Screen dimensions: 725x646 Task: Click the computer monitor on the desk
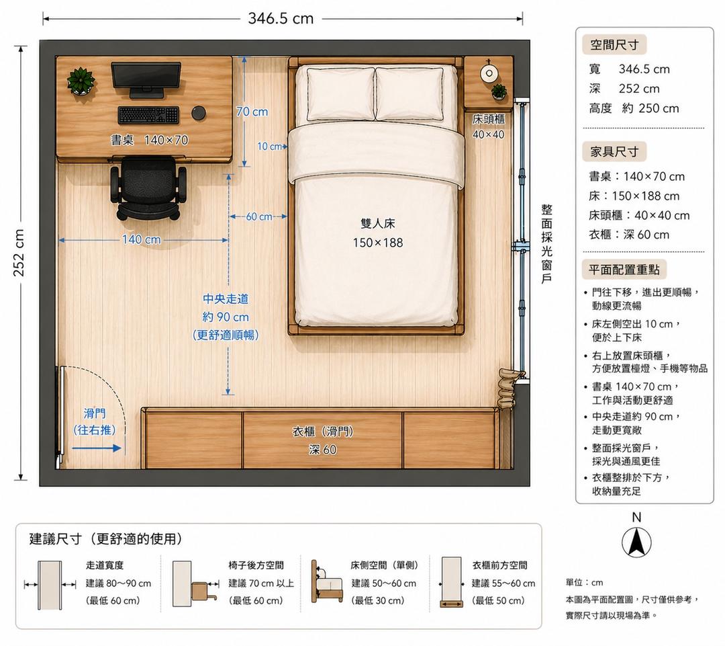click(x=146, y=79)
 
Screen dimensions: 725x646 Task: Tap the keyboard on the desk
click(x=148, y=116)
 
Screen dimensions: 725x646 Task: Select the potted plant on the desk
click(x=81, y=81)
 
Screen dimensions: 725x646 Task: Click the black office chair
click(x=148, y=188)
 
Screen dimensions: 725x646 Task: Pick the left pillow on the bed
click(x=341, y=94)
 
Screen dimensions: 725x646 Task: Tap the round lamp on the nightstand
click(x=488, y=73)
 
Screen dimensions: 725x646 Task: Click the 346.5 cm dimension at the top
click(x=281, y=19)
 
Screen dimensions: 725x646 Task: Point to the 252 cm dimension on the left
click(x=19, y=253)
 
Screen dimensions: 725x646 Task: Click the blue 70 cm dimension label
click(x=252, y=112)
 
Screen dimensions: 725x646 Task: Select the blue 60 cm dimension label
click(x=259, y=216)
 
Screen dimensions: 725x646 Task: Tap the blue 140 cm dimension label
click(x=142, y=239)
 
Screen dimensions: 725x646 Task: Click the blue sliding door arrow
click(x=97, y=448)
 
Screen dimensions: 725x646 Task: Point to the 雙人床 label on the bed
click(x=378, y=224)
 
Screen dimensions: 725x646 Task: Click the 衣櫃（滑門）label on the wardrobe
click(x=323, y=432)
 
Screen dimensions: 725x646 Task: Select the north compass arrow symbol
click(x=636, y=542)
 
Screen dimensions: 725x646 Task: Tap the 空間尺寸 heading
click(x=614, y=45)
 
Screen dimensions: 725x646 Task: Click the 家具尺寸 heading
click(x=614, y=151)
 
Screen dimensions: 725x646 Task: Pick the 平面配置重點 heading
click(x=624, y=270)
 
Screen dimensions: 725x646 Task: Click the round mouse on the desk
click(x=199, y=112)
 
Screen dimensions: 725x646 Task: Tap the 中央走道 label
click(x=226, y=298)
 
